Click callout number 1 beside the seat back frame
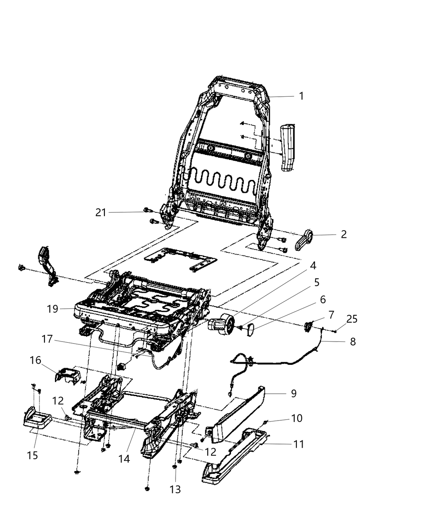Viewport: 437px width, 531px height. click(x=301, y=96)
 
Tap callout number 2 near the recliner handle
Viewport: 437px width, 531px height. click(x=343, y=234)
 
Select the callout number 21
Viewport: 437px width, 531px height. click(x=101, y=212)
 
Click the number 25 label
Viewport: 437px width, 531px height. click(x=352, y=319)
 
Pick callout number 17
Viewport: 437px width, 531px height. click(x=47, y=339)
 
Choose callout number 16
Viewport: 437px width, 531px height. click(x=35, y=359)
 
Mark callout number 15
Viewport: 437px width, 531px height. click(x=32, y=455)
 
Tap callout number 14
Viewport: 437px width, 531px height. click(x=124, y=459)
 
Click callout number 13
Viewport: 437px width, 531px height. click(x=175, y=489)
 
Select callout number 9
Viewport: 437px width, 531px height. click(x=294, y=393)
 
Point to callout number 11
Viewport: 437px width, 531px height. click(x=298, y=444)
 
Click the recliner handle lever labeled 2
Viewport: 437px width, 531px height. click(x=306, y=240)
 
